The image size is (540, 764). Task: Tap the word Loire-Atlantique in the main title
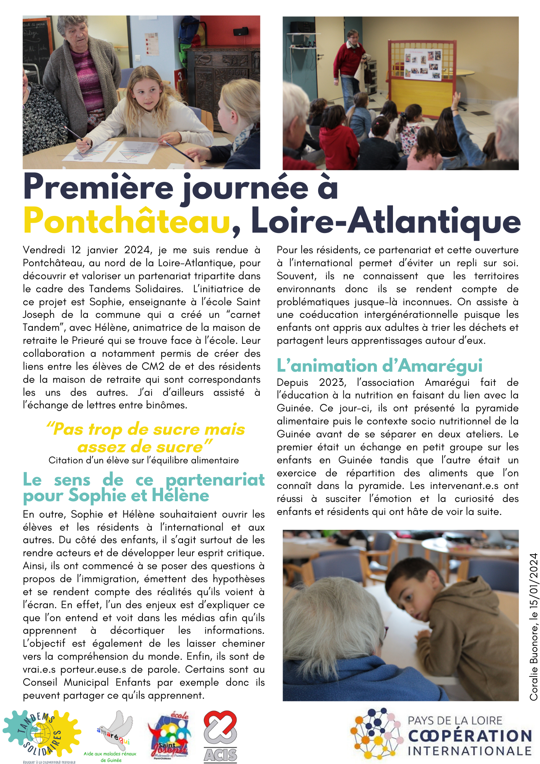(386, 221)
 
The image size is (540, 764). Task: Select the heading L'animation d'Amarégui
(380, 366)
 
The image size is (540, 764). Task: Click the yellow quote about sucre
(145, 438)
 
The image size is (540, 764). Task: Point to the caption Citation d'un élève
(144, 460)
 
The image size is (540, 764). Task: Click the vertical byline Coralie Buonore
(534, 626)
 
